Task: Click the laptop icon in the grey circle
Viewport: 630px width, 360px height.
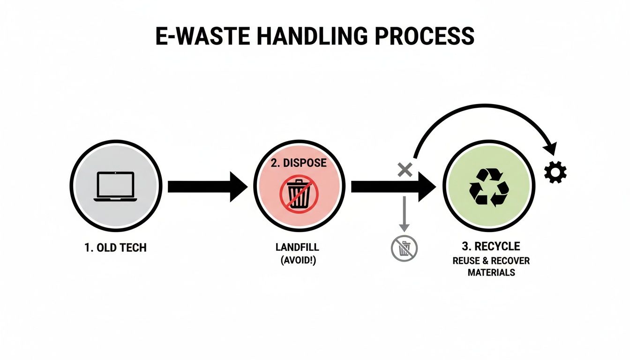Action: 115,187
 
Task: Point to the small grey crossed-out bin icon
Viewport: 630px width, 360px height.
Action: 404,248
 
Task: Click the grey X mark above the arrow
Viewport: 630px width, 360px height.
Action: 405,169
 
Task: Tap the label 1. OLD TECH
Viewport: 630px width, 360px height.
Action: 116,247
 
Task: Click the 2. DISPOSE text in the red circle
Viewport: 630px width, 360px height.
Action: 299,163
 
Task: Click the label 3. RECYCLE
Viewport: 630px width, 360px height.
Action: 491,247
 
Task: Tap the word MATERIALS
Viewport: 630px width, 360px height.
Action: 491,272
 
